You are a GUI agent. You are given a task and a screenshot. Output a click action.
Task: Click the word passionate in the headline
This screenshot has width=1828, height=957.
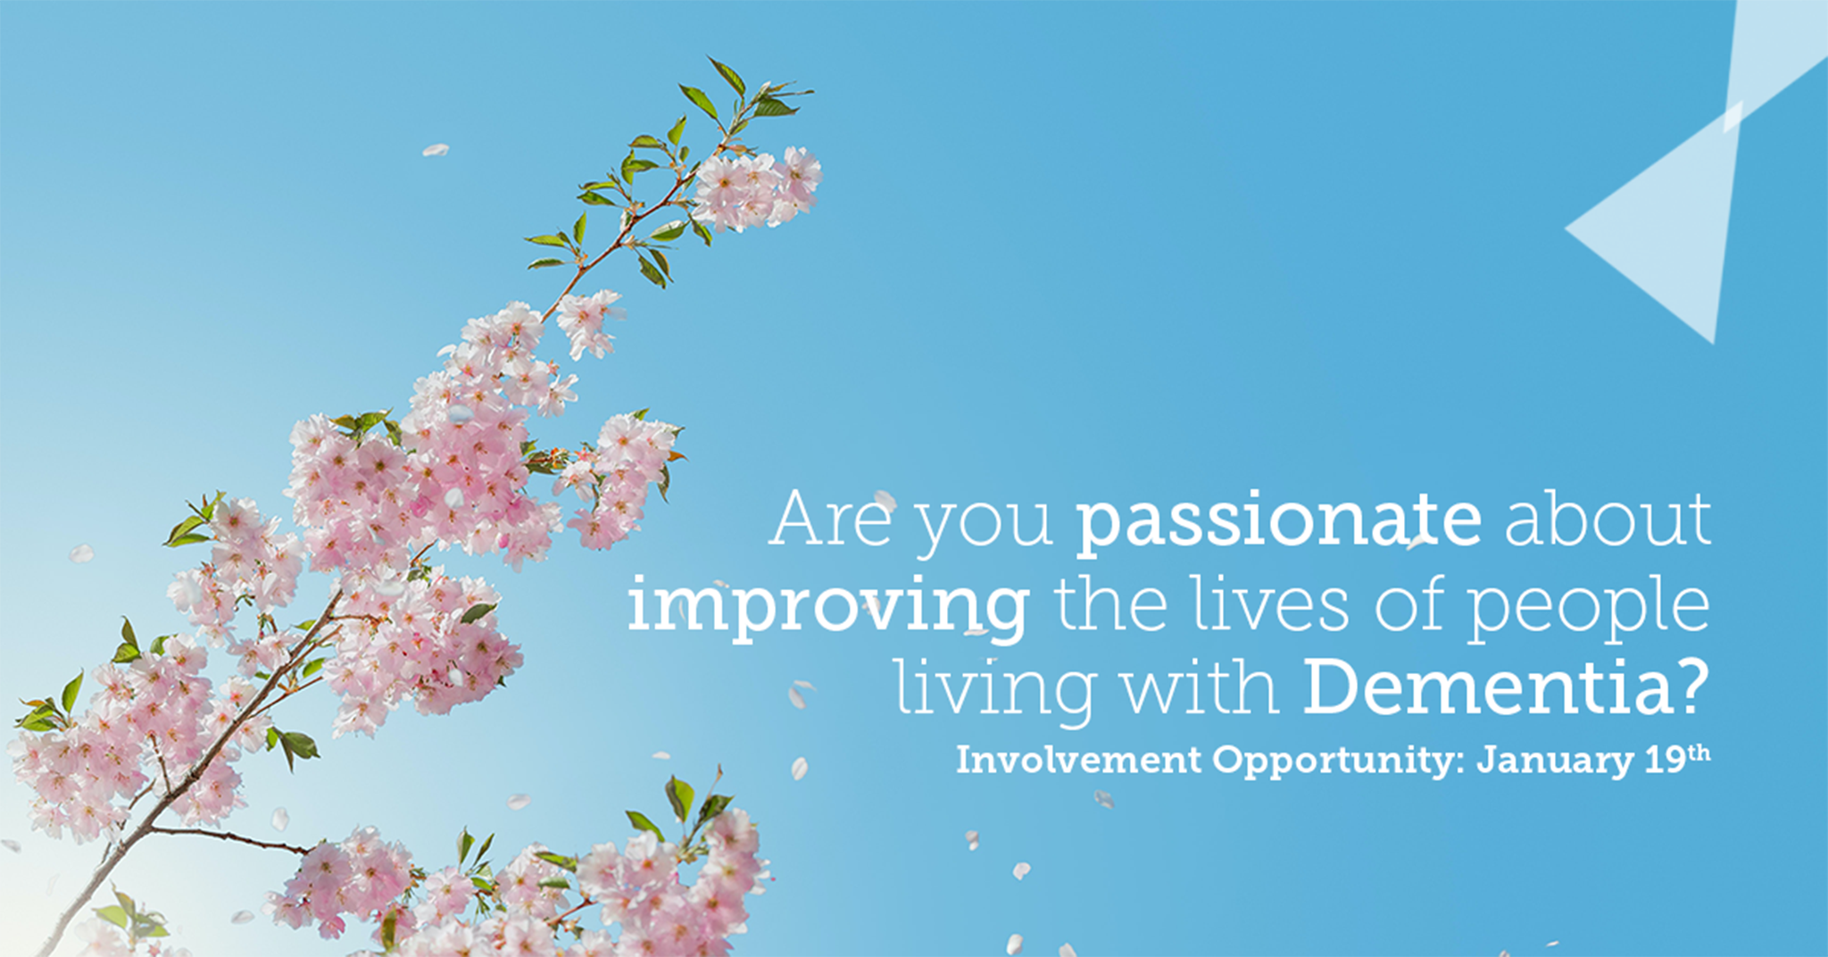point(1278,521)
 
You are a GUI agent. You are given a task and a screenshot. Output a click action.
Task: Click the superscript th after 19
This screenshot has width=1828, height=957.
point(1699,753)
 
